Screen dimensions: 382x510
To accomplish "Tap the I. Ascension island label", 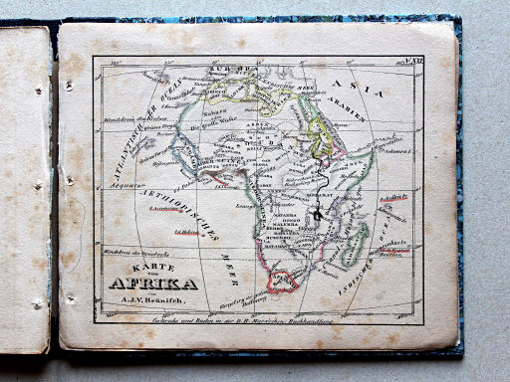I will pos(157,209).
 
